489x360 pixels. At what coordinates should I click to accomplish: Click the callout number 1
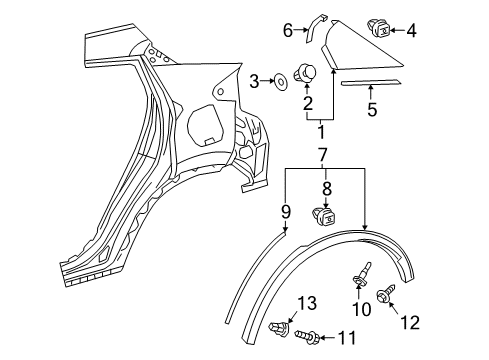pos(321,131)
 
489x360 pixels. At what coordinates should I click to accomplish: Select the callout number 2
pos(308,102)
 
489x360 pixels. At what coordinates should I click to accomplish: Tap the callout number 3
pos(255,80)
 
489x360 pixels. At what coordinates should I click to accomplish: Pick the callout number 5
pos(371,109)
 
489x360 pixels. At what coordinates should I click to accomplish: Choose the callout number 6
pos(288,30)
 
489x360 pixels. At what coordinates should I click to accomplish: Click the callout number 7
pos(321,156)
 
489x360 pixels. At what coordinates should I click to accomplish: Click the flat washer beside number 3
pos(277,79)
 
